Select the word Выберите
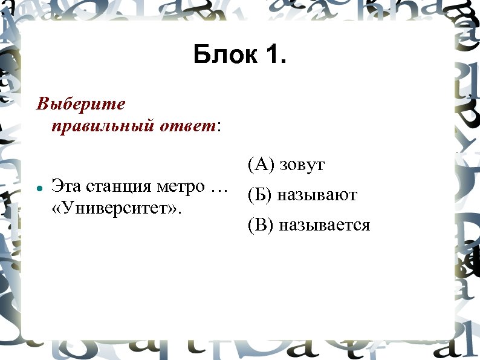point(81,105)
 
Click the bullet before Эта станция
point(38,188)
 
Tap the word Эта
point(65,186)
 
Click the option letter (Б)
point(260,195)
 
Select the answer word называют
point(317,195)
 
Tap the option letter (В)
point(260,226)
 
